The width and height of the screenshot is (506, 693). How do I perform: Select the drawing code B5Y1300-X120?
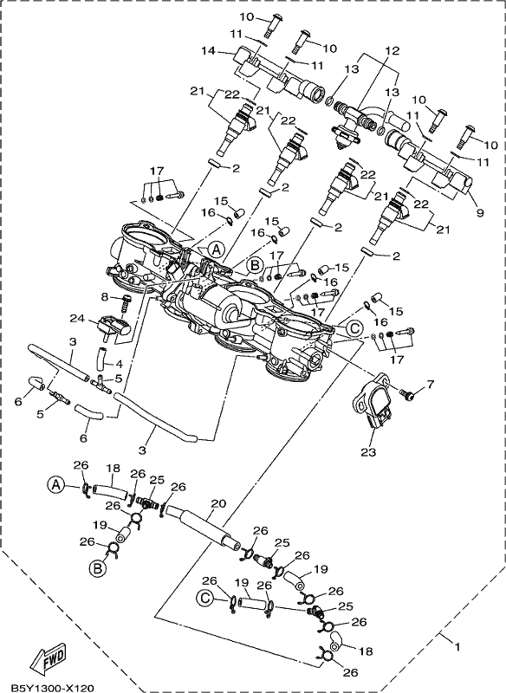pos(52,688)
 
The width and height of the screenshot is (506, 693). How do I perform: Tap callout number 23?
pos(369,452)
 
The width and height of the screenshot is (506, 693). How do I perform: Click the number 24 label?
pos(76,318)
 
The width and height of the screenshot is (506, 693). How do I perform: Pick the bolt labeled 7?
pos(406,392)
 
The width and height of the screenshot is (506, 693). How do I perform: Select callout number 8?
pos(104,297)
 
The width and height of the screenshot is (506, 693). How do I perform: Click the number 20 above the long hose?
pos(219,503)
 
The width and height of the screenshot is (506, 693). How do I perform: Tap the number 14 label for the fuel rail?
pos(208,51)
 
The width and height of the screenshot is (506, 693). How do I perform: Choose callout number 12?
pos(392,50)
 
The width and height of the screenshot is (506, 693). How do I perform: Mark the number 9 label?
pos(480,212)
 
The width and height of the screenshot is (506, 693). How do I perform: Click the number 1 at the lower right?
pos(457,647)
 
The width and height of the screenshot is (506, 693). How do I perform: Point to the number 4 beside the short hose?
pos(119,365)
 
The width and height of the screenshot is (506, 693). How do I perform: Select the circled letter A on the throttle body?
pos(216,249)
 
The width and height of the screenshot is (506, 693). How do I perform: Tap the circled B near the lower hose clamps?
pos(98,569)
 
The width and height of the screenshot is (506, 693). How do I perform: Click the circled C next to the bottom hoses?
pos(204,598)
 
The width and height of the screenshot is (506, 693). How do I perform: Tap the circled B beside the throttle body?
pos(255,265)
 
